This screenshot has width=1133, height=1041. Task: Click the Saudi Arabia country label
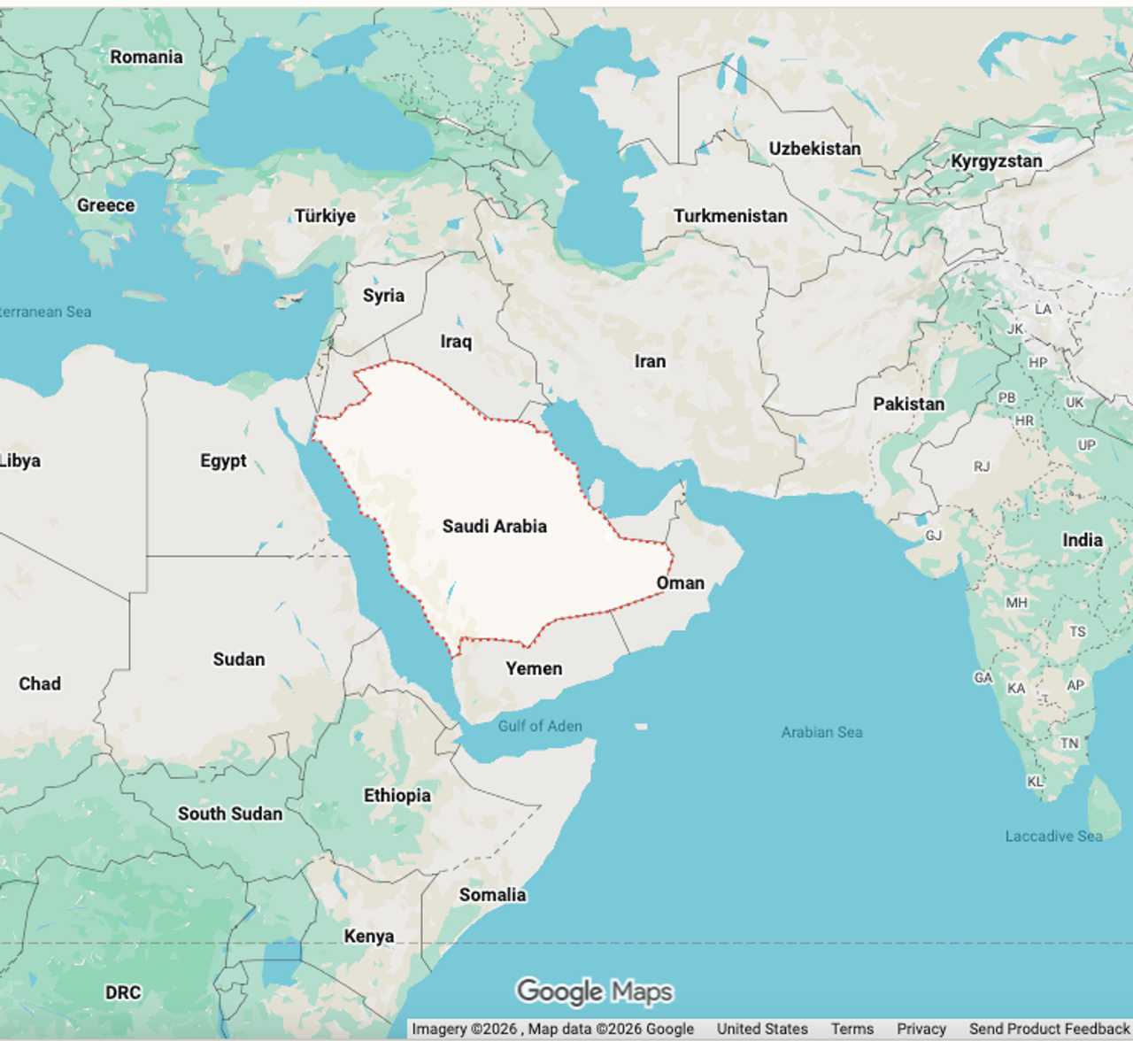point(494,526)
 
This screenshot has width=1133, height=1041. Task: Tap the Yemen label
point(534,668)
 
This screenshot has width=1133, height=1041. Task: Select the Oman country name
point(680,582)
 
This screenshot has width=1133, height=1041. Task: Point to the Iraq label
point(456,342)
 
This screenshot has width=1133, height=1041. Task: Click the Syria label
point(383,296)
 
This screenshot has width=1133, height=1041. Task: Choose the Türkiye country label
point(325,216)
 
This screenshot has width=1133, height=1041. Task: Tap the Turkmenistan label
point(730,216)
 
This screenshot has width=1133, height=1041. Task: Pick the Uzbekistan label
point(814,149)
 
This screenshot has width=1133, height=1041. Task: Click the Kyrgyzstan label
point(996,161)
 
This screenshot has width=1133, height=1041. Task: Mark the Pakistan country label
point(908,404)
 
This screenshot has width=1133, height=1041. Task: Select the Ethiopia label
point(397,795)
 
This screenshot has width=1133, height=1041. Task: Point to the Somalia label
point(492,895)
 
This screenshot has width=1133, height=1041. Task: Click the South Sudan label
point(230,814)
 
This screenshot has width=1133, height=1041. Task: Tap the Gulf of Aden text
point(540,726)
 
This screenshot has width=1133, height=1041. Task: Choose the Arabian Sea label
point(821,732)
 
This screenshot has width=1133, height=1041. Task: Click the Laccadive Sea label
point(1053,836)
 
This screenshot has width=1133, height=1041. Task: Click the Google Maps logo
point(594,991)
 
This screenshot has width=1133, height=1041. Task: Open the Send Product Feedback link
point(1049,1029)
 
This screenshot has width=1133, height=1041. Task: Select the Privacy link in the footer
point(921,1029)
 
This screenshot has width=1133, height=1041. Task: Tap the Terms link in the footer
point(852,1029)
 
